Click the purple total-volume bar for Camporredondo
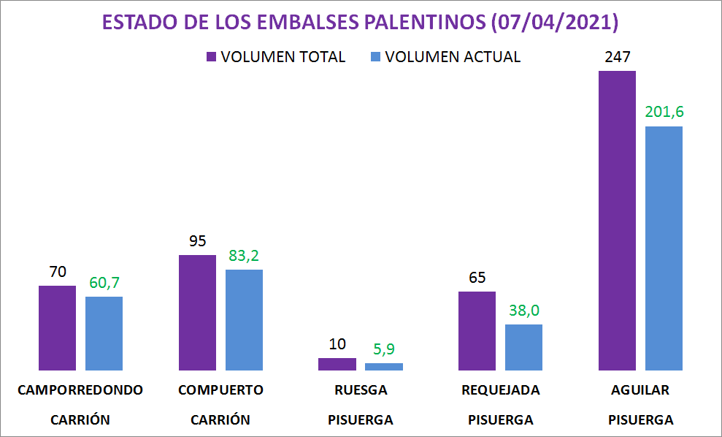pos(57,327)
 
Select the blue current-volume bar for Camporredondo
pos(104,333)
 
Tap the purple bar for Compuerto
pos(197,312)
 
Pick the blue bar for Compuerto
pos(244,319)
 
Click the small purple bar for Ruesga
pos(337,364)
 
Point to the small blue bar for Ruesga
pos(384,366)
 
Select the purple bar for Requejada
pos(477,330)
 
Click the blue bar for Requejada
pos(524,347)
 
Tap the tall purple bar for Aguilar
pos(617,220)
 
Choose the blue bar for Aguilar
pos(664,248)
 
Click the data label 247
pos(617,57)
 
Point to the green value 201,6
pos(664,112)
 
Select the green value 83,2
pos(244,256)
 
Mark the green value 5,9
pos(384,349)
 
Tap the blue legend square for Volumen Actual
pos(376,57)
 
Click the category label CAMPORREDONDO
pos(80,389)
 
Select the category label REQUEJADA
pos(501,389)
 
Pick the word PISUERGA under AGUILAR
pos(640,420)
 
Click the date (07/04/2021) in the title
pos(555,23)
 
